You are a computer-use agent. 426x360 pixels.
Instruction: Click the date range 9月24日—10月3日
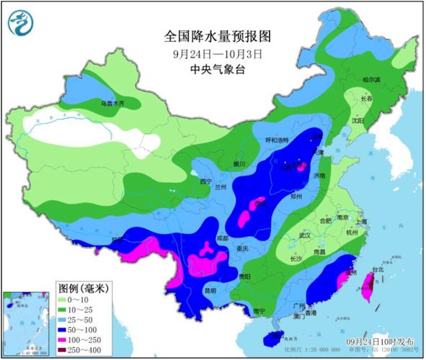click(209, 53)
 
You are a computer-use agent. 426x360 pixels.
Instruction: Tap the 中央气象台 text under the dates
click(209, 69)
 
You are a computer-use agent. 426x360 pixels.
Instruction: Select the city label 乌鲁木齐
click(112, 104)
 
